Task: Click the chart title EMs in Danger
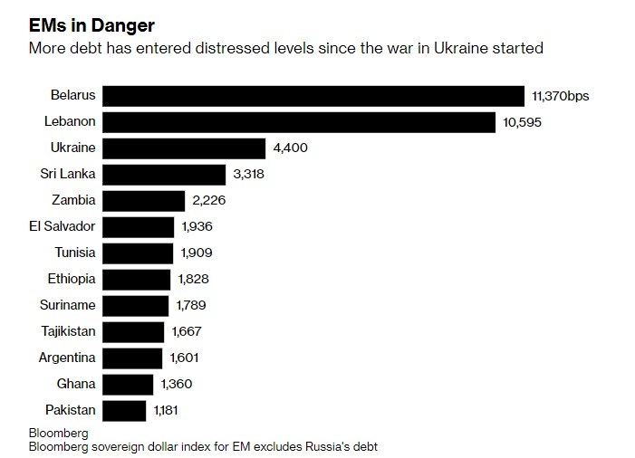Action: [91, 23]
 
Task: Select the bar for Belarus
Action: [313, 96]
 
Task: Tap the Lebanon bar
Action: [299, 122]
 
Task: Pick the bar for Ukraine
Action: [184, 148]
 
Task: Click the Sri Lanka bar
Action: [164, 175]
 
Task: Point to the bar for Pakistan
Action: [124, 411]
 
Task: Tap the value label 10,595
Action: [524, 122]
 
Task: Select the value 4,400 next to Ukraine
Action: [292, 148]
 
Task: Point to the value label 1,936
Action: [197, 227]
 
